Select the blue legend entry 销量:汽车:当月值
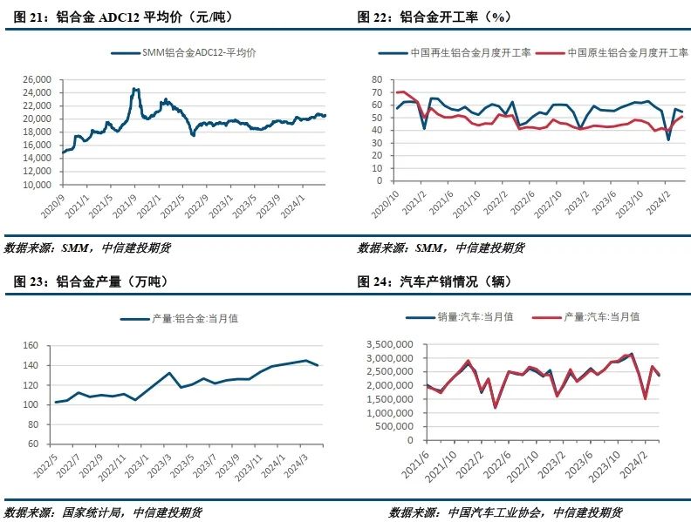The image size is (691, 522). point(475,316)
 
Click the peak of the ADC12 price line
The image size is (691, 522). point(135,88)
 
